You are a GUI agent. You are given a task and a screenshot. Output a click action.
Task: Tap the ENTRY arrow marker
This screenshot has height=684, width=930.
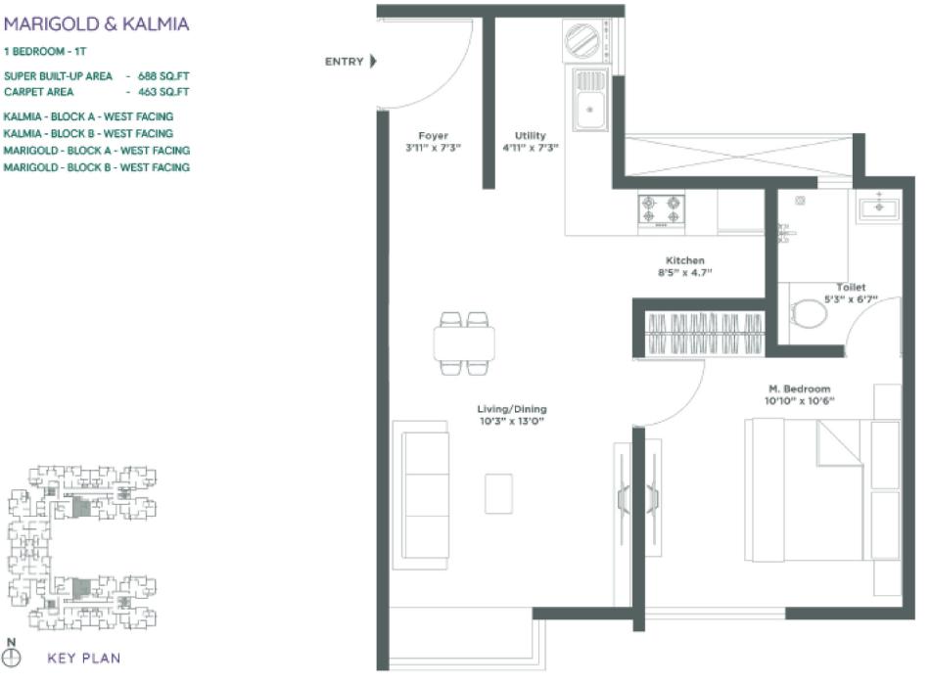pos(373,62)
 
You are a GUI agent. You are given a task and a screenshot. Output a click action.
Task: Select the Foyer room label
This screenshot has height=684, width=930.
pos(433,136)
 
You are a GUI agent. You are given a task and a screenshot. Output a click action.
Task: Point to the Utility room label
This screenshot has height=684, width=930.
pos(531,136)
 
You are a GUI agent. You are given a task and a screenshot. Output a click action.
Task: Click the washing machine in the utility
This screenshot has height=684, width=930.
pos(585,43)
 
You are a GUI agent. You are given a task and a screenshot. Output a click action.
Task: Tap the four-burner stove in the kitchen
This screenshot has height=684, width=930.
pos(661,210)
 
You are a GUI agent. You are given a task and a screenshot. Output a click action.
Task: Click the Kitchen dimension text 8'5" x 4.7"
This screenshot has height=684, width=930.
pos(685,274)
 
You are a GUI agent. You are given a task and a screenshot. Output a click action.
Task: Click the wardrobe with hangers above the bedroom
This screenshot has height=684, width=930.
pos(703,334)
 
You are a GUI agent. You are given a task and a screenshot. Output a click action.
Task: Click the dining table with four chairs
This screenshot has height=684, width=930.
pos(464,342)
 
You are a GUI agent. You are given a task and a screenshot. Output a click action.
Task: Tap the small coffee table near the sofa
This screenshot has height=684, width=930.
pos(498,493)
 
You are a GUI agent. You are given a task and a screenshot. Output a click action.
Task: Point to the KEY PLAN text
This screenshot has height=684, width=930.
pos(84,659)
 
